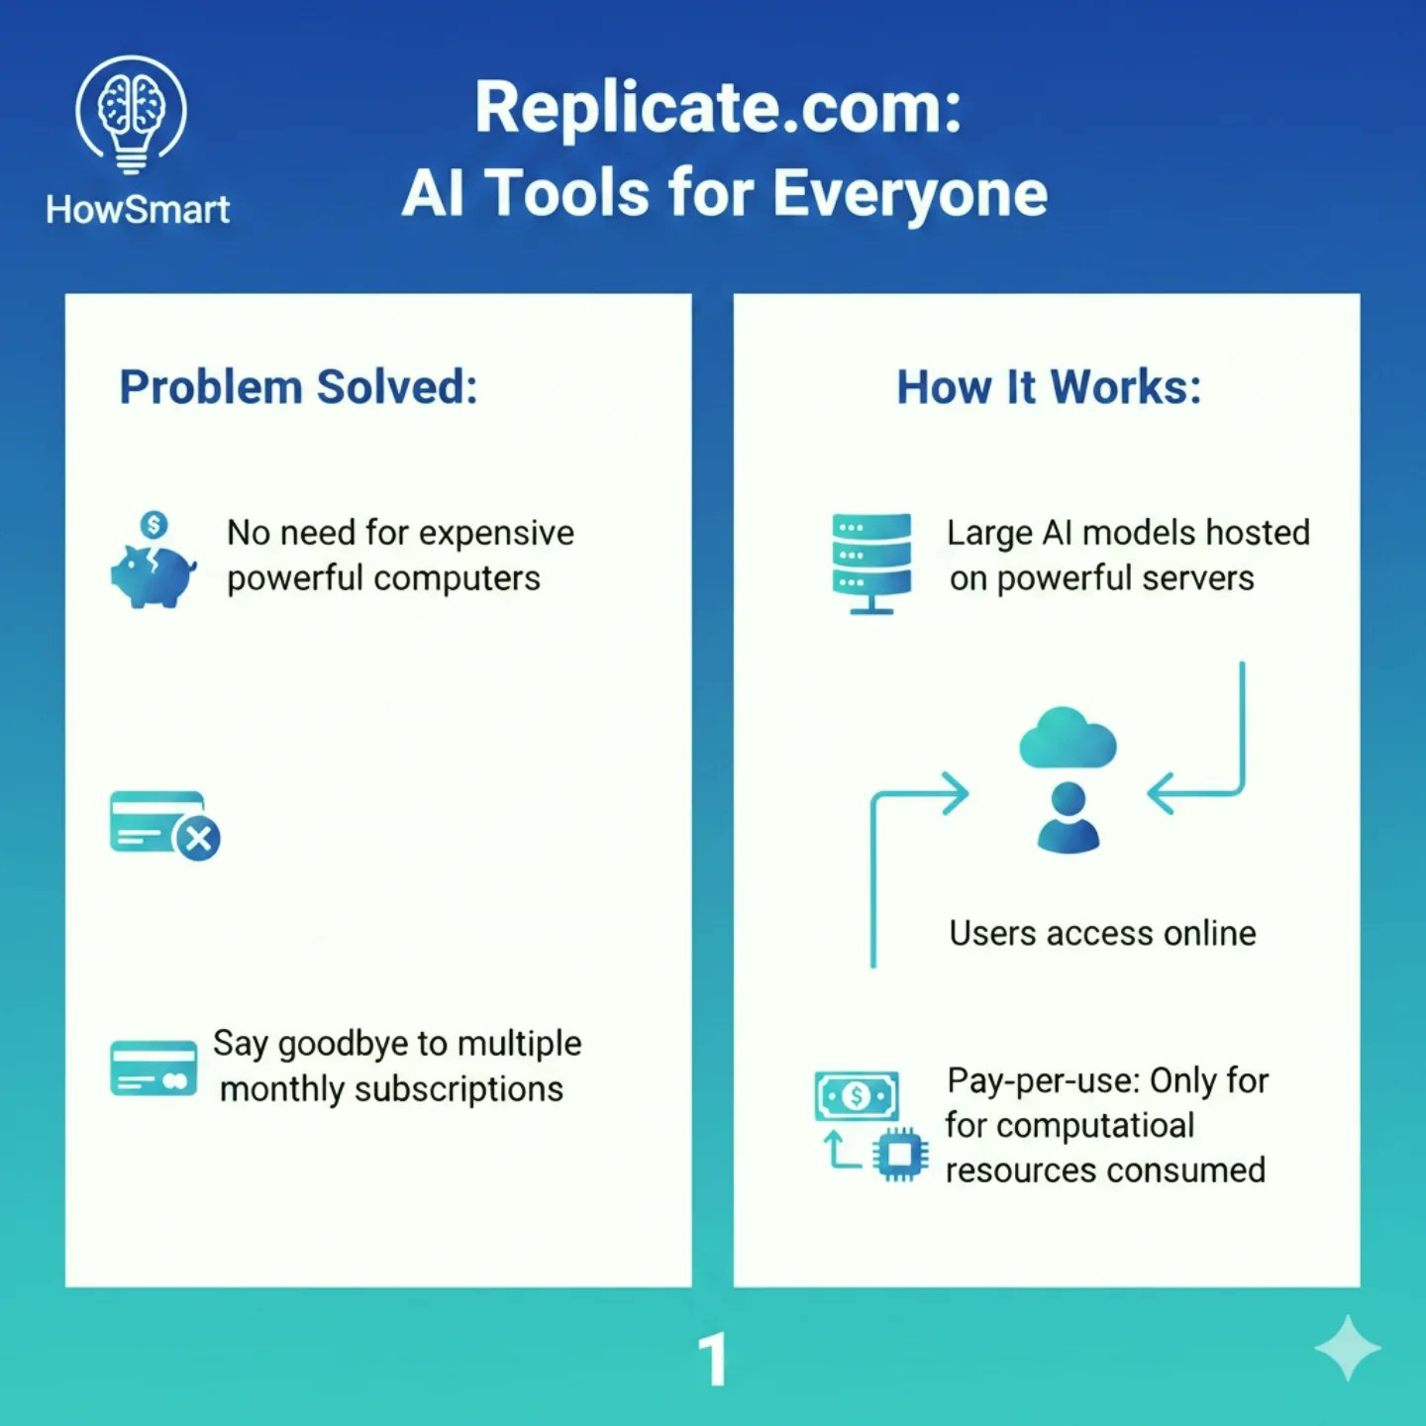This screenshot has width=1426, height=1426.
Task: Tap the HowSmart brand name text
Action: [x=138, y=210]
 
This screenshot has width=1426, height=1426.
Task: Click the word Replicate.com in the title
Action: [x=718, y=107]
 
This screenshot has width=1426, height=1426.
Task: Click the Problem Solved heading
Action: [x=298, y=387]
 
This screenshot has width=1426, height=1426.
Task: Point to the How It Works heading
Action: [x=1049, y=387]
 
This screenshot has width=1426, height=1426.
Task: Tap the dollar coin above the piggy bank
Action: [x=153, y=524]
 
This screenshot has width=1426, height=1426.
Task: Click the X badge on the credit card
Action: [x=198, y=840]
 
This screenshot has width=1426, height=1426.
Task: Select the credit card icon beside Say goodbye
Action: [x=153, y=1069]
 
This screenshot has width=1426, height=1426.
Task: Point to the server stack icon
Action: [x=871, y=561]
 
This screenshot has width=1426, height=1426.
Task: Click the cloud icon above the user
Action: [x=1068, y=739]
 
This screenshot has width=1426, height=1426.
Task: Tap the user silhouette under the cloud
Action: [x=1068, y=818]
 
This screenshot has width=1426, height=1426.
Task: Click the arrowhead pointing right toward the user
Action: [x=955, y=793]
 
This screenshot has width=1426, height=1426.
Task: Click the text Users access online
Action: [x=1102, y=933]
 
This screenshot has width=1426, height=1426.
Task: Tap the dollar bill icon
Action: [x=857, y=1095]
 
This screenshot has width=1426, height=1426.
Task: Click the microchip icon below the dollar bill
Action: [x=900, y=1155]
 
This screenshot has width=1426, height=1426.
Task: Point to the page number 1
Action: [x=713, y=1360]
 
